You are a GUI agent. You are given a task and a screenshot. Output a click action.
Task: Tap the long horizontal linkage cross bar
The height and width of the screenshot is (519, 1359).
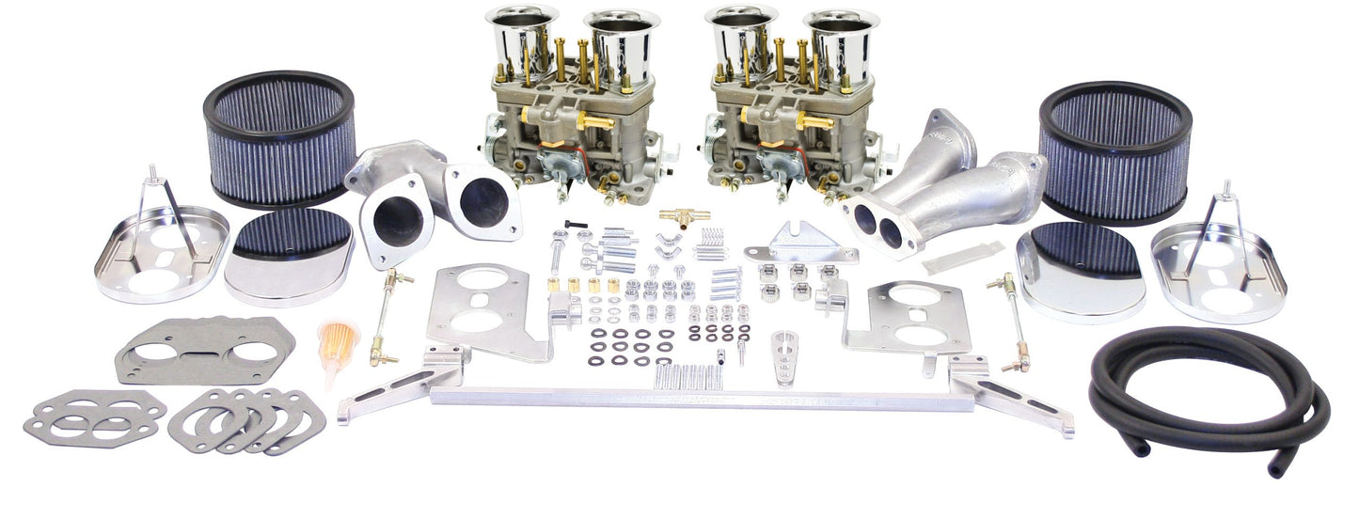pos(691,397)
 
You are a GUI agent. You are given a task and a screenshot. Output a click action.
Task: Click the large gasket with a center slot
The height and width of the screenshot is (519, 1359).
pos(205,349)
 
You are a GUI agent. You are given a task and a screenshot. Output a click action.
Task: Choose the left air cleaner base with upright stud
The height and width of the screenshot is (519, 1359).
pos(161,250)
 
